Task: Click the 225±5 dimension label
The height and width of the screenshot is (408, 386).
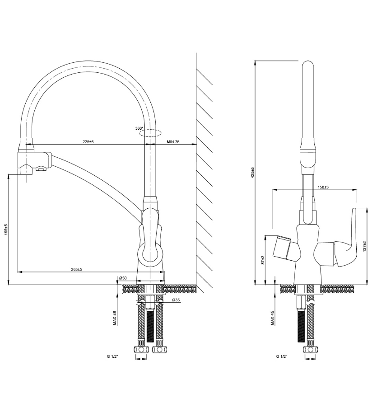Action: (88, 142)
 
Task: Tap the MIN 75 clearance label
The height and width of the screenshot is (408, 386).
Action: (173, 142)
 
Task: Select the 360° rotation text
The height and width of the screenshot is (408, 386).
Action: (139, 128)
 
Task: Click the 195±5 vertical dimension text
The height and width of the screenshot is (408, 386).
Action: (5, 230)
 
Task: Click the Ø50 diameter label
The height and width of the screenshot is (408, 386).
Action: (122, 278)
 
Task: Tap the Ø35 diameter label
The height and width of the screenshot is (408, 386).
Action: (176, 300)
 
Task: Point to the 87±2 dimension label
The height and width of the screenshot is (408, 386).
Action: (263, 261)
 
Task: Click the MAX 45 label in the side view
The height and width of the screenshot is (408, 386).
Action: (115, 318)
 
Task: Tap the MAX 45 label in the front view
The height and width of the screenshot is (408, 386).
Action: (273, 318)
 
